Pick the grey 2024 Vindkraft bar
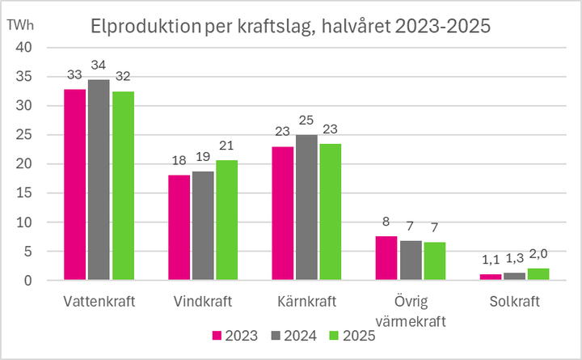click(x=205, y=226)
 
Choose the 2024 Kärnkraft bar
click(x=306, y=208)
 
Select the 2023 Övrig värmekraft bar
click(x=386, y=258)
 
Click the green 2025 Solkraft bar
click(x=538, y=274)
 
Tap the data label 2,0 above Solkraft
click(x=538, y=254)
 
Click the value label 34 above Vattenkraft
click(x=99, y=66)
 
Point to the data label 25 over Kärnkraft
click(x=306, y=121)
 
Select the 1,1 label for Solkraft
click(x=491, y=260)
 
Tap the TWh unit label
click(x=20, y=24)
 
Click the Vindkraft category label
click(x=203, y=302)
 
